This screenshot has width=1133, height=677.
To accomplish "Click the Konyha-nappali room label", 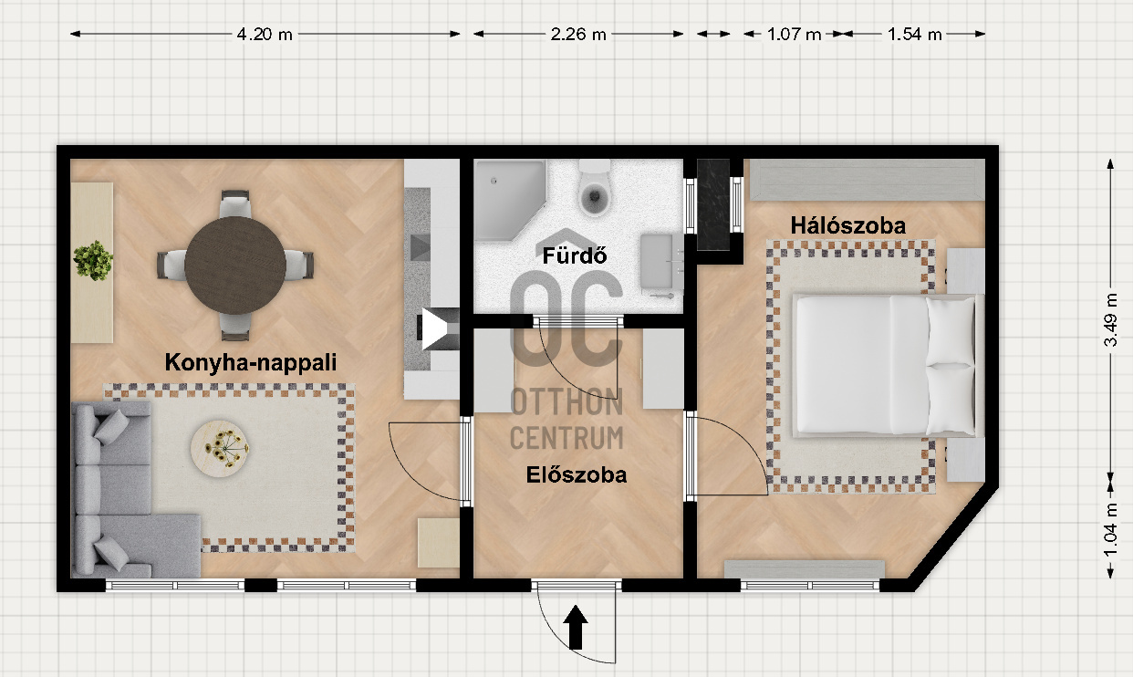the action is pos(250,363).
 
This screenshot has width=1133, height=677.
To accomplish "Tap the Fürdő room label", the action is pos(574,255).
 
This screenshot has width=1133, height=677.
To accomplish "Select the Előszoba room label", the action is pos(577,475).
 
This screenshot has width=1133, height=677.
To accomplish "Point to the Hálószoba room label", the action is pos(847,225).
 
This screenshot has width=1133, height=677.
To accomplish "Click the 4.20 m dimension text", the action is pos(265,35).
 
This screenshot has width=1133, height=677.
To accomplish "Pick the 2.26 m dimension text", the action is pos(578,35).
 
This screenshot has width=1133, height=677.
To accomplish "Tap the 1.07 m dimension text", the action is pos(794,35).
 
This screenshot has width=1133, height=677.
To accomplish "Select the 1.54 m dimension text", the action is pos(914,35).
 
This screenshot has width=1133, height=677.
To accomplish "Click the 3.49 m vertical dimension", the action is pos(1109,319).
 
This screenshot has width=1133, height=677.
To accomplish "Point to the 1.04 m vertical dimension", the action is pos(1109,530).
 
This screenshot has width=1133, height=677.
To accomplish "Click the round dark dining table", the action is pos(235,266).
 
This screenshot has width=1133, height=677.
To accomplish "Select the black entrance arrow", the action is pos(576,628).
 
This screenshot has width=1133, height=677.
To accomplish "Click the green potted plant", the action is pos(93,261).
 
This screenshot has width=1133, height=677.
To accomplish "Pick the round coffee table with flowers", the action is pos(220,448).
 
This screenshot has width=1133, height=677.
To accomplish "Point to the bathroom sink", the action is pos(661,261).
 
